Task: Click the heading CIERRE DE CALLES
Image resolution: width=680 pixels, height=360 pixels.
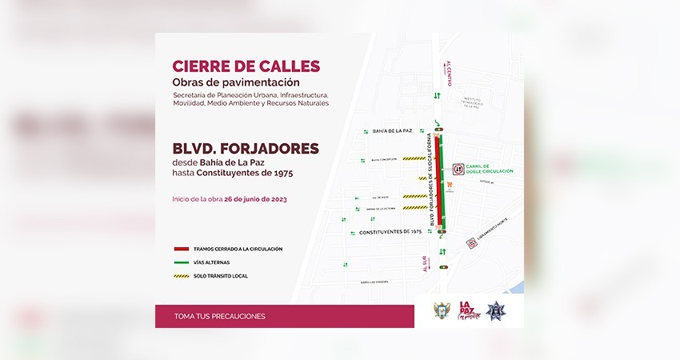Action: (x=246, y=66)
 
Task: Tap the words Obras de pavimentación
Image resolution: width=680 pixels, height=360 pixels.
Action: (x=236, y=82)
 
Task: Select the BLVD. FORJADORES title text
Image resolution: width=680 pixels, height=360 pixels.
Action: (x=246, y=148)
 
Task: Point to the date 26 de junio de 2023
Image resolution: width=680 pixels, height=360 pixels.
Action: (x=255, y=198)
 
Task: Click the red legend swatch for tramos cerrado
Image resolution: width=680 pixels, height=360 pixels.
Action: (x=182, y=249)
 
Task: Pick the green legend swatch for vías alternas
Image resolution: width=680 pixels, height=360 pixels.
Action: (x=182, y=262)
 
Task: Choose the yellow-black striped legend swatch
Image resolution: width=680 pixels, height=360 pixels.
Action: (x=182, y=276)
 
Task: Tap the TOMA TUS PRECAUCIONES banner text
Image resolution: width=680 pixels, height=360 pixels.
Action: (x=219, y=316)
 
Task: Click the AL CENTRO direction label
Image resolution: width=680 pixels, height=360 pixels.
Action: (x=449, y=73)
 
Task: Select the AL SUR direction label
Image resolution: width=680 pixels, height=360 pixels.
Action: (x=424, y=265)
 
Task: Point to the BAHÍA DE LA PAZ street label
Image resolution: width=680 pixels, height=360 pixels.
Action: (x=391, y=130)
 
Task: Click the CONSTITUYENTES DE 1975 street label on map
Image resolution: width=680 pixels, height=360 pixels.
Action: (x=390, y=231)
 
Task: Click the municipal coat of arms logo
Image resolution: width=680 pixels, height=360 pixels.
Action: (x=442, y=310)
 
